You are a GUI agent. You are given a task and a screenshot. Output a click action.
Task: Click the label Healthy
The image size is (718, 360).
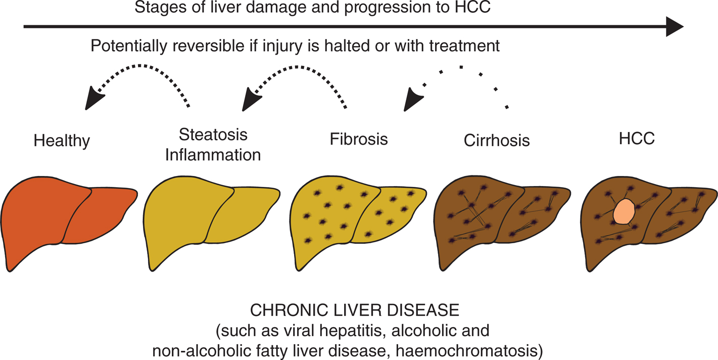coord(62,140)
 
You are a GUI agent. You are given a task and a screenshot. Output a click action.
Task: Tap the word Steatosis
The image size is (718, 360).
coord(213,134)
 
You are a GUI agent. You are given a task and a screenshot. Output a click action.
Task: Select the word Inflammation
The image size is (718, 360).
coord(213,154)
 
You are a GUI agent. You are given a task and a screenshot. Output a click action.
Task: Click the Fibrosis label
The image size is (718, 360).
coord(359,139)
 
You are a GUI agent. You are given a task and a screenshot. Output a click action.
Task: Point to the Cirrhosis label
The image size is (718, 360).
coord(496,140)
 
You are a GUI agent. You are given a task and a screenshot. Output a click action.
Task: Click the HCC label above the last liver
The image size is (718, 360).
coord(636,139)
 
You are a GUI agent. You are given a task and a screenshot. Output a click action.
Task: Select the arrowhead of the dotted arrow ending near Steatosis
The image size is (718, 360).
coord(250,100)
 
